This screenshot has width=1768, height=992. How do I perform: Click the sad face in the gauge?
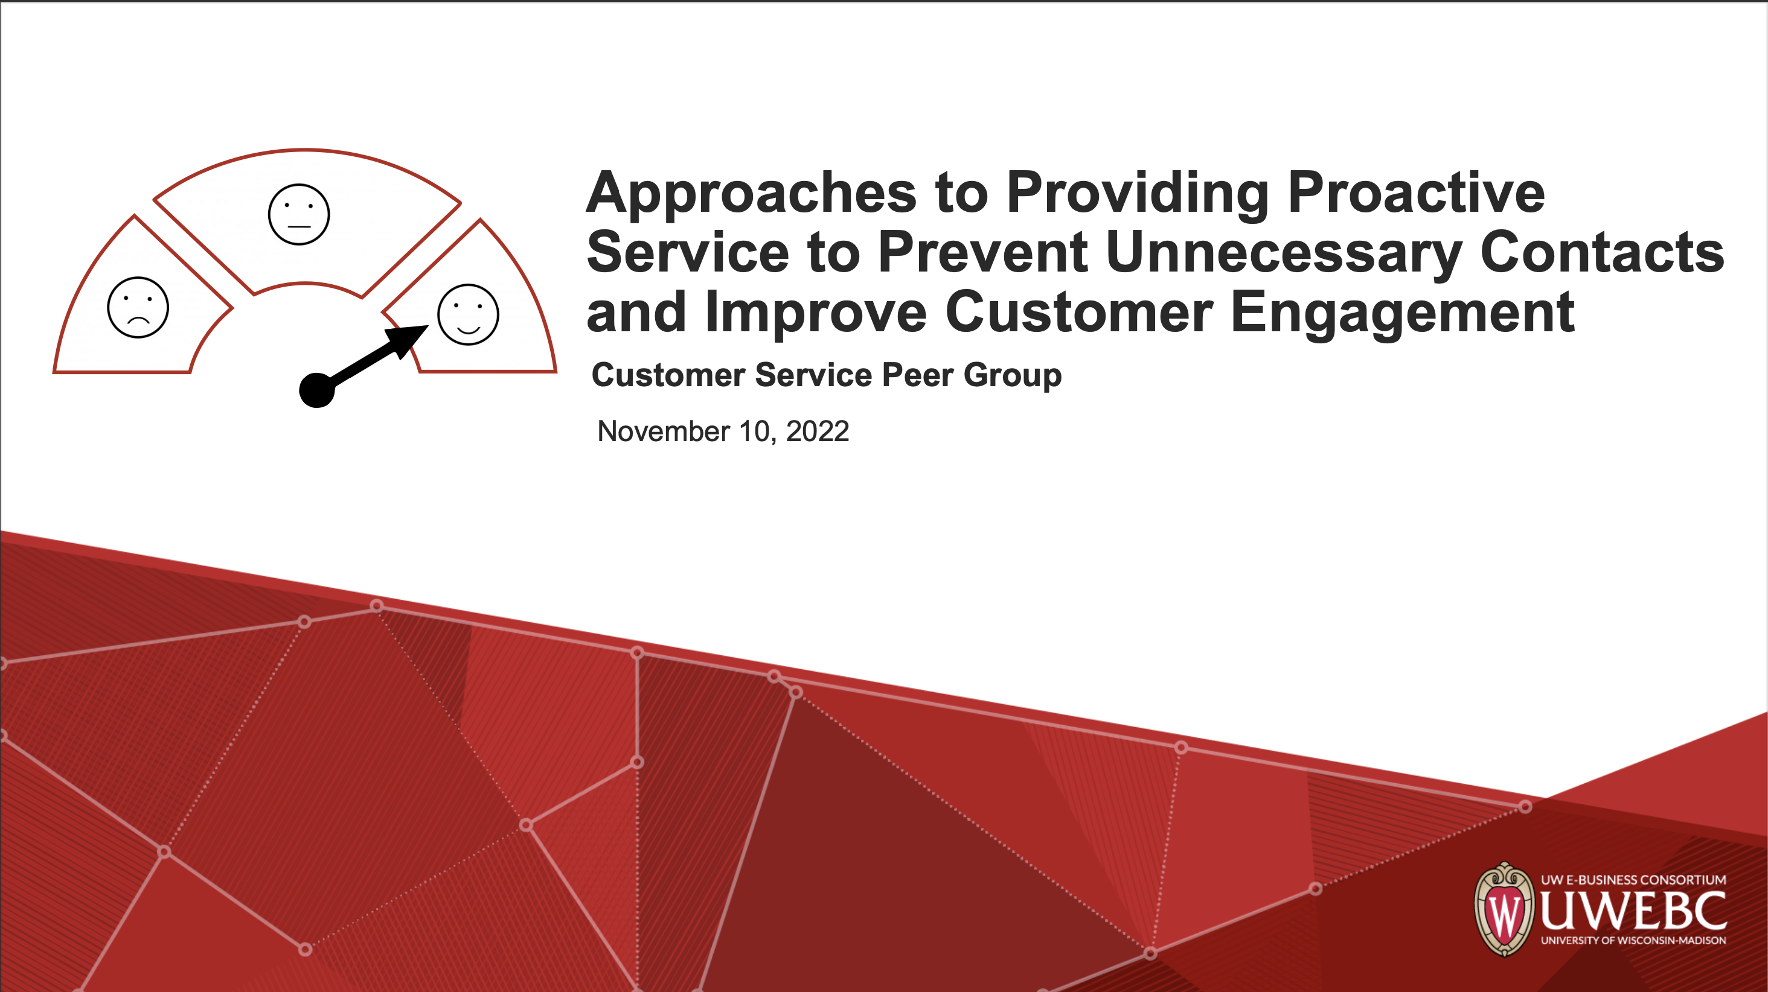point(138,307)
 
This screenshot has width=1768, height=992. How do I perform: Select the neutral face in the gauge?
point(298,214)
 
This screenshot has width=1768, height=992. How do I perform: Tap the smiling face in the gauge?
point(468,314)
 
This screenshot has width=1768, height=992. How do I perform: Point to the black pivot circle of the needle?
point(317,390)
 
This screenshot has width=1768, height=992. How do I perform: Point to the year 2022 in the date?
point(818,431)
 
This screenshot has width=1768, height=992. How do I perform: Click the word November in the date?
point(664,431)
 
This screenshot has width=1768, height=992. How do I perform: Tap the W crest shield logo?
point(1504,909)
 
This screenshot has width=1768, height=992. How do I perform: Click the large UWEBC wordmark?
point(1633,911)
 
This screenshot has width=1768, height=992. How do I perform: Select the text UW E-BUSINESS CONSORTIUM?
point(1633,880)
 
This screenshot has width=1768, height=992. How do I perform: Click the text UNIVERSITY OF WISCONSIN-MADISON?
point(1633,941)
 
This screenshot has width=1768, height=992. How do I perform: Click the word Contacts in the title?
point(1603,252)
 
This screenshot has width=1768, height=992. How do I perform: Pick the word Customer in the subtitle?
point(668,375)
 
